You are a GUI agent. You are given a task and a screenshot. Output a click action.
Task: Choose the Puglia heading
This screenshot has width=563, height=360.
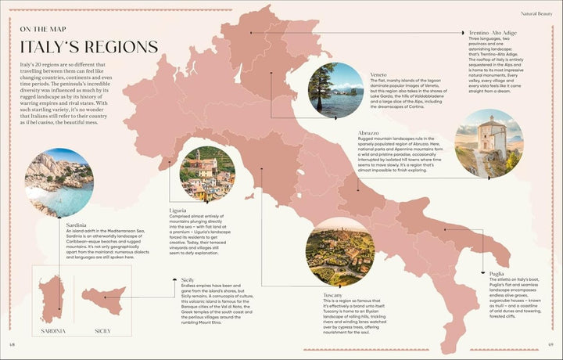pyautogui.click(x=498, y=273)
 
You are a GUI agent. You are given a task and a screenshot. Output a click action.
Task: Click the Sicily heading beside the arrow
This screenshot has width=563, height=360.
pyautogui.click(x=188, y=279)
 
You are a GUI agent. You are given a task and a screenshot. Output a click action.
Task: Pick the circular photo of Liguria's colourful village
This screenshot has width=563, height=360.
pyautogui.click(x=207, y=174)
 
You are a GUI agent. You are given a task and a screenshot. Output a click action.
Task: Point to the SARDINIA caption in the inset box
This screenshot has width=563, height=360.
pyautogui.click(x=49, y=332)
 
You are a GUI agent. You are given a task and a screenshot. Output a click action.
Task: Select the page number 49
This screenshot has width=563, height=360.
pyautogui.click(x=550, y=345)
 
